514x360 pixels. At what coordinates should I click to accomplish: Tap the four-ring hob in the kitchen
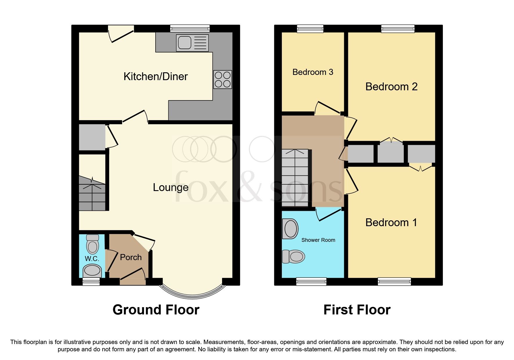[x=223, y=79]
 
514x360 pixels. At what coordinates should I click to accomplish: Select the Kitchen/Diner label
[x=156, y=77]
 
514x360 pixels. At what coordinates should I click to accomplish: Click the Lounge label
[x=171, y=188]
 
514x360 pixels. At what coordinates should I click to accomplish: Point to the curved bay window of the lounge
[x=193, y=296]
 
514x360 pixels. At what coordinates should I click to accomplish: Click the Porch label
[x=131, y=258]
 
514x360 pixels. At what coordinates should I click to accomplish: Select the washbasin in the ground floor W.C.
[x=92, y=271]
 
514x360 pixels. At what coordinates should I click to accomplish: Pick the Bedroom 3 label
[x=313, y=72]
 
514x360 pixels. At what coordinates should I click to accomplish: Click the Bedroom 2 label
[x=391, y=87]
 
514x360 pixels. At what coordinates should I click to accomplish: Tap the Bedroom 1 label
[x=391, y=223]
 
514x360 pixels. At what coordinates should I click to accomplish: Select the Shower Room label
[x=318, y=240]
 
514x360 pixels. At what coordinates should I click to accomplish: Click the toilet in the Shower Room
[x=294, y=257]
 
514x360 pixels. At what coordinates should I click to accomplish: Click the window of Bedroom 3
[x=310, y=28]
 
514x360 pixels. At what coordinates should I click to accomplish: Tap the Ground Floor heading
[x=156, y=310]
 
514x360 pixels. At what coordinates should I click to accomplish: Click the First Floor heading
[x=357, y=310]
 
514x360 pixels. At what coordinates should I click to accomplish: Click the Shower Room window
[x=311, y=281]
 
